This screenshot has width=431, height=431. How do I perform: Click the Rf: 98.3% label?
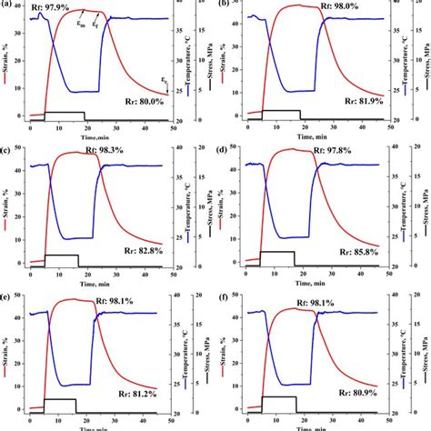point(61,147)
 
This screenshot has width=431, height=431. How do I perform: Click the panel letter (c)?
point(8,149)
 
